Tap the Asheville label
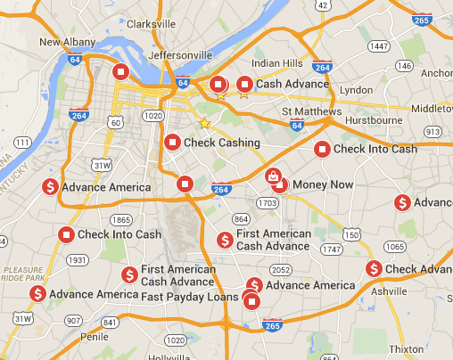click(x=389, y=290)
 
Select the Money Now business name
click(x=323, y=184)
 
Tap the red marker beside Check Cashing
click(x=173, y=142)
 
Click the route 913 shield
click(x=433, y=132)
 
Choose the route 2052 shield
click(x=281, y=269)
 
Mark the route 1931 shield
click(x=78, y=260)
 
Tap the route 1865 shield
click(x=121, y=219)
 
